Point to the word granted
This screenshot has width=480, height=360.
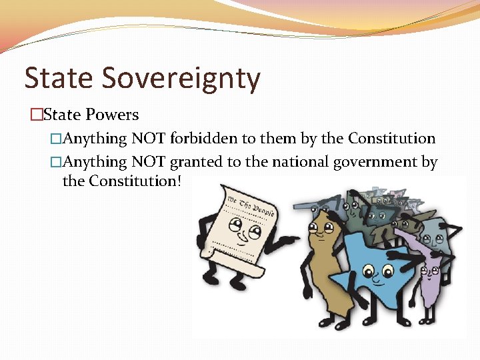point(198,161)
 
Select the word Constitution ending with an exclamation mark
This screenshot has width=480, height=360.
point(134,181)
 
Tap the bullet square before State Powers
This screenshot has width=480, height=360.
point(35,115)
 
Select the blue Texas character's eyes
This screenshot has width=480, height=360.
point(378,271)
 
